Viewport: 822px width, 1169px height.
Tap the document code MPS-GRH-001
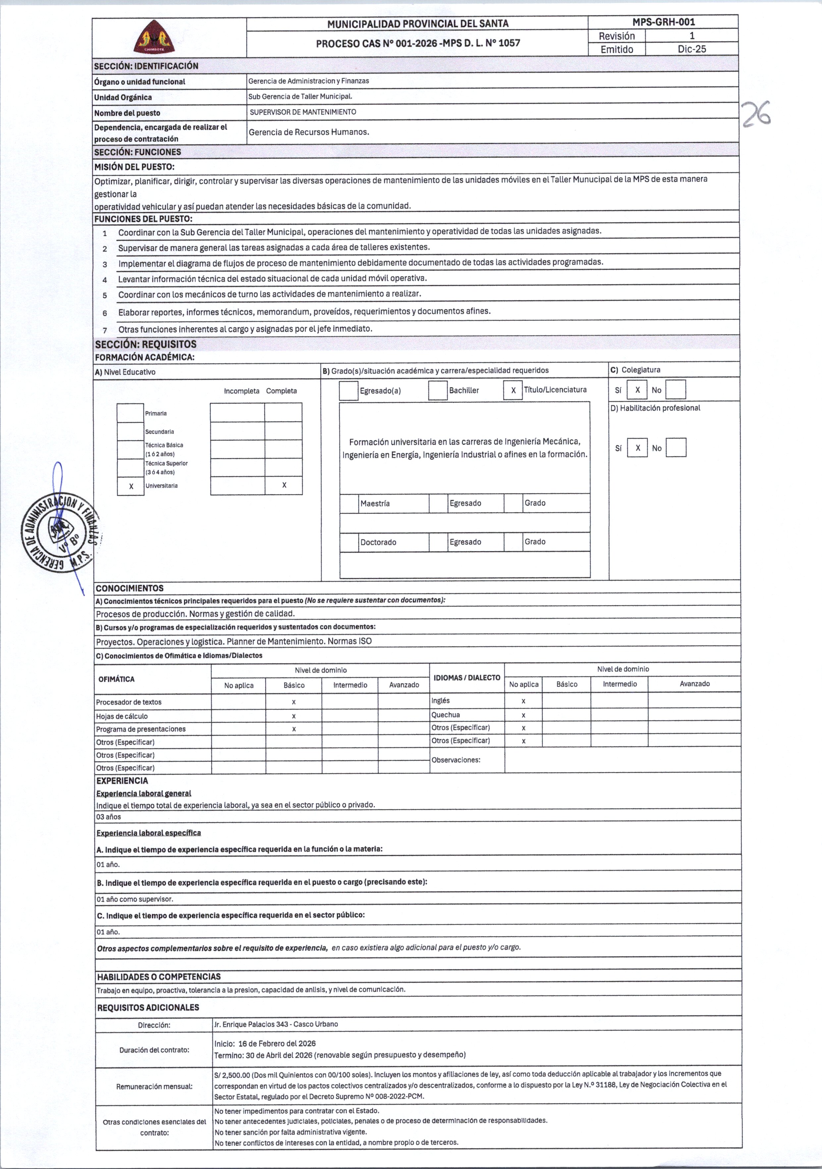(x=663, y=22)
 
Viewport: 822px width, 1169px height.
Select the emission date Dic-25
(x=692, y=49)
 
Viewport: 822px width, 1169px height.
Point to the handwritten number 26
(x=757, y=114)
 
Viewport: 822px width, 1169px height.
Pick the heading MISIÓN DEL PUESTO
(x=134, y=166)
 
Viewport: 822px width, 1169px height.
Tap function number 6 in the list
(x=105, y=312)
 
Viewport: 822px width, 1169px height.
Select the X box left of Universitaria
(x=131, y=486)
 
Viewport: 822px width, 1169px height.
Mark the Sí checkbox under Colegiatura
(x=637, y=390)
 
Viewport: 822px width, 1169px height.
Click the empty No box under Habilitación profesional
(x=676, y=448)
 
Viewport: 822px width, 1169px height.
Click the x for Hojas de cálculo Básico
(x=294, y=716)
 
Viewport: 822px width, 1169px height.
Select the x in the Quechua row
(x=523, y=715)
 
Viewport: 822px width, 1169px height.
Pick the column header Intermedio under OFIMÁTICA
(x=350, y=685)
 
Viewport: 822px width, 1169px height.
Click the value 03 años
(x=109, y=817)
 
